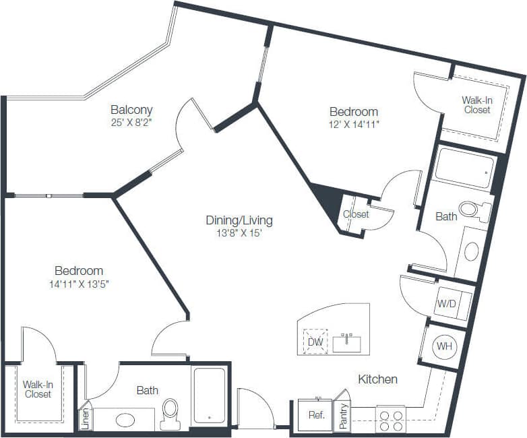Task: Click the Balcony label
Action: [x=132, y=110]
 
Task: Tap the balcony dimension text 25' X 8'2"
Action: [x=132, y=123]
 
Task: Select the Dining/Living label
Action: [x=239, y=220]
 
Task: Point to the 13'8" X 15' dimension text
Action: [x=239, y=233]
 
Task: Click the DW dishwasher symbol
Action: [x=315, y=341]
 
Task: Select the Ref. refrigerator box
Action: [x=315, y=415]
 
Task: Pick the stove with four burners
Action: [x=390, y=419]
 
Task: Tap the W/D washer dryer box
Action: [x=447, y=304]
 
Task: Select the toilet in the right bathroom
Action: [x=470, y=210]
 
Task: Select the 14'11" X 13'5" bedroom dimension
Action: [x=80, y=284]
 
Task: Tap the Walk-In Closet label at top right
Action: [x=476, y=104]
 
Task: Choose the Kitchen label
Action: [x=377, y=379]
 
